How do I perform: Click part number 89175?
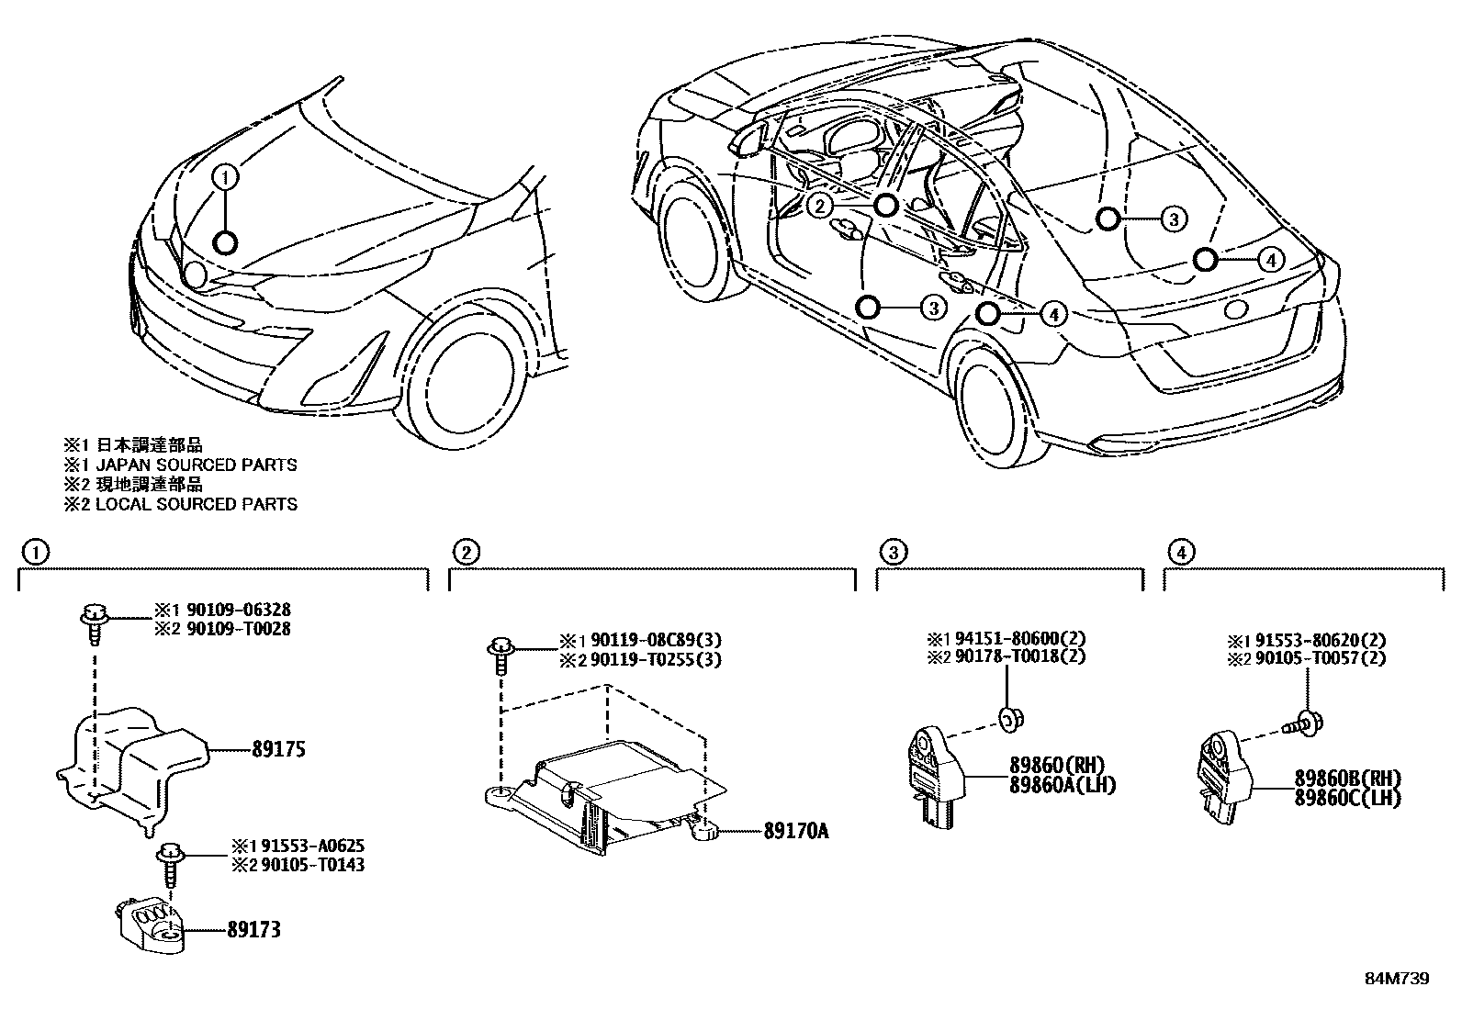click(x=278, y=749)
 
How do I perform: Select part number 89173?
click(x=253, y=930)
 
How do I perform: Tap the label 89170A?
click(x=795, y=832)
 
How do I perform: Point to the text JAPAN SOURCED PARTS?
click(x=196, y=465)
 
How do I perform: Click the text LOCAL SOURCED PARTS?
click(x=196, y=504)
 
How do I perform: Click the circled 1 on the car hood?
click(x=226, y=176)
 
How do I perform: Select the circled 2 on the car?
click(x=820, y=206)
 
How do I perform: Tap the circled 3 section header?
click(x=893, y=552)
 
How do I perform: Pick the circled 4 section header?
click(x=1181, y=552)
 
